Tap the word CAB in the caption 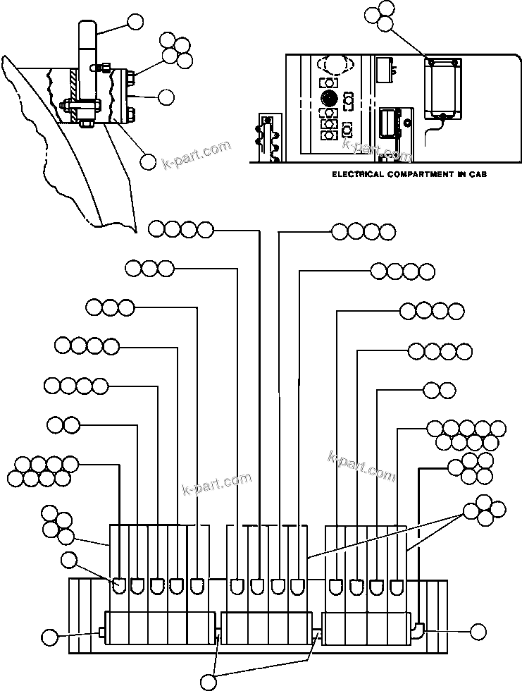478,173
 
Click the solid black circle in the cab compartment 327,97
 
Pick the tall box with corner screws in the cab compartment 442,88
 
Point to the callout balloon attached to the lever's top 135,22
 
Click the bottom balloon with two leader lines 209,681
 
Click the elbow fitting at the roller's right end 417,628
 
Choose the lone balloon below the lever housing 148,161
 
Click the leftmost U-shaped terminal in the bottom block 120,585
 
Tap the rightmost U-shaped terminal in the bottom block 397,585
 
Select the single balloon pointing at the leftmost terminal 69,561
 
